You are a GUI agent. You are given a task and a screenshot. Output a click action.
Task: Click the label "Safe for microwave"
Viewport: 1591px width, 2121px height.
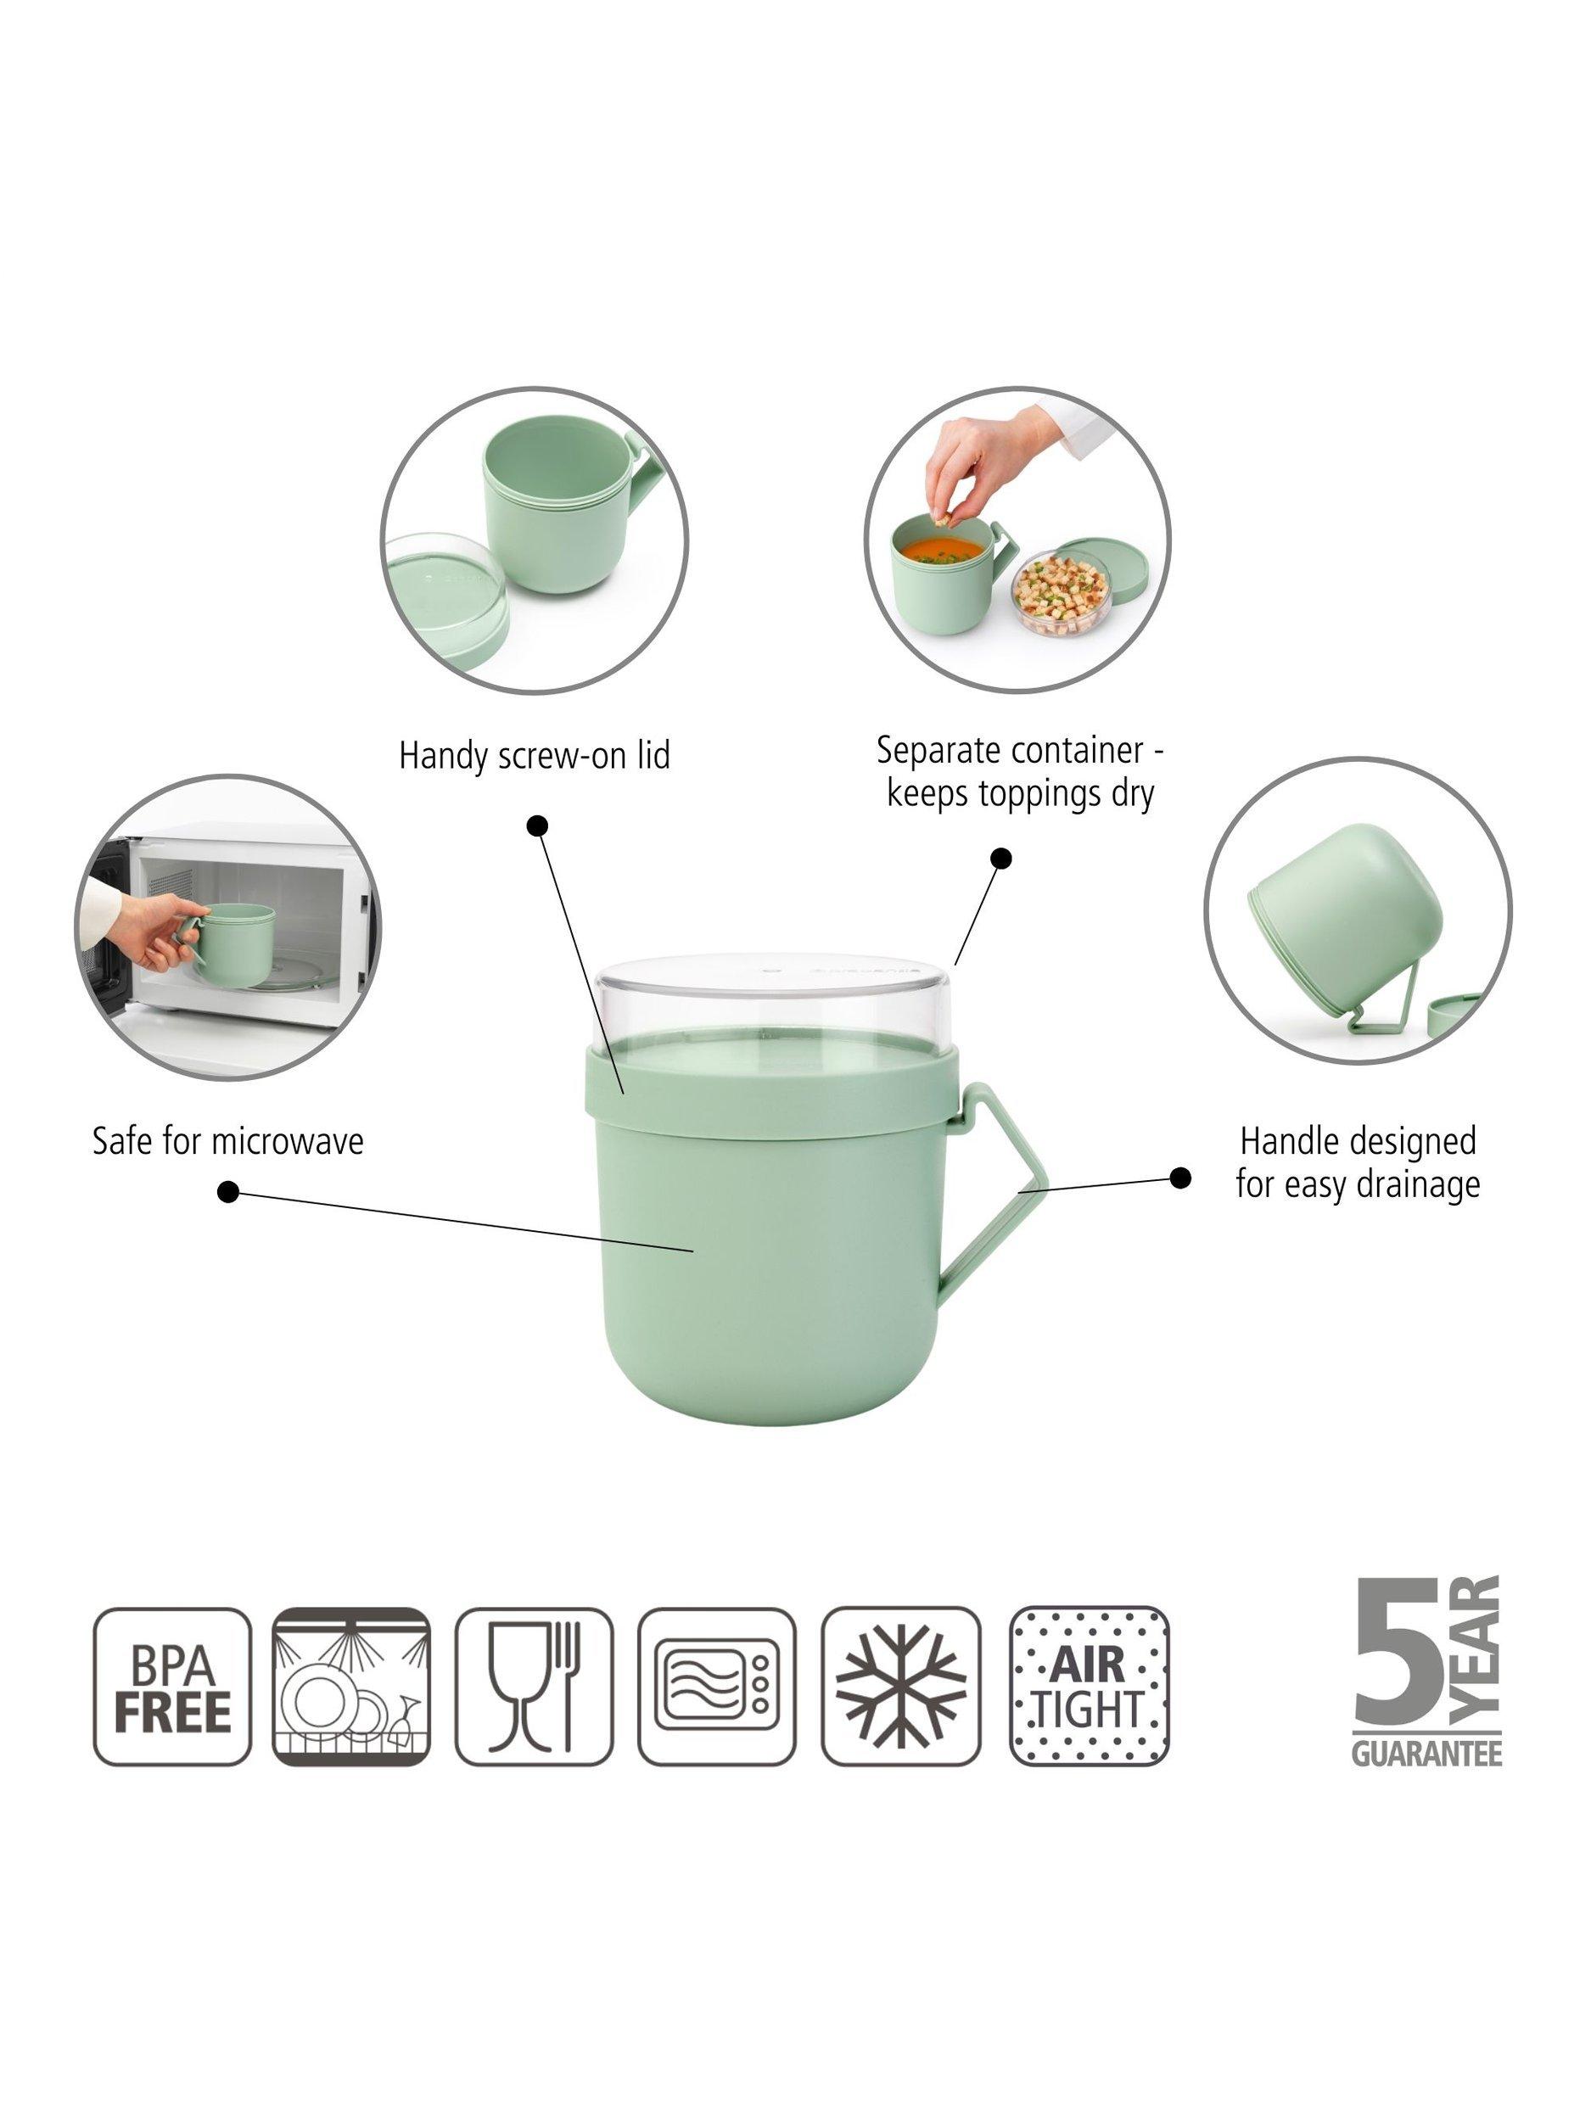(x=228, y=1141)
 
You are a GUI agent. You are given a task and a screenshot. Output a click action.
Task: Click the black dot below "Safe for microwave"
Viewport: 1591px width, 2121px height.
(x=228, y=1192)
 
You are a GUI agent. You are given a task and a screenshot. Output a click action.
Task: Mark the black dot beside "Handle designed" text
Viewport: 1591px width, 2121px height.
(x=1180, y=1178)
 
